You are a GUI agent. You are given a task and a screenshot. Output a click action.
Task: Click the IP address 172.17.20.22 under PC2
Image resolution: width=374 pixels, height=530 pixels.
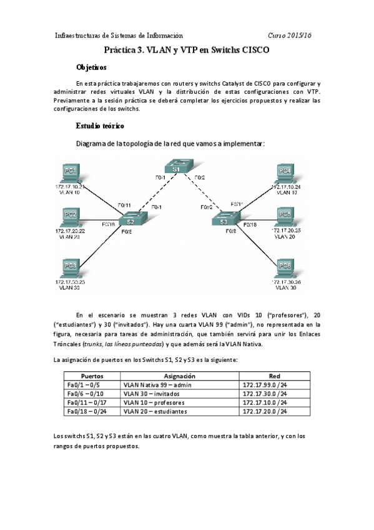70,231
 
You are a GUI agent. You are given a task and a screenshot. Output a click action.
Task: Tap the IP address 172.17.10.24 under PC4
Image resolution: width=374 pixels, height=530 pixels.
287,187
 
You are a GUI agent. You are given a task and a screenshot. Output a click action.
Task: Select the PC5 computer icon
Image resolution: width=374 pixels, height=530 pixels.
285,216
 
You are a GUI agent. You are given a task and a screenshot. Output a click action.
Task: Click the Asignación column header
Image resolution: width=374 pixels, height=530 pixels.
180,376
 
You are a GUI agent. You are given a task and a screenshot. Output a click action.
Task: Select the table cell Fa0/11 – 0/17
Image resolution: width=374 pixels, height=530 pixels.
86,403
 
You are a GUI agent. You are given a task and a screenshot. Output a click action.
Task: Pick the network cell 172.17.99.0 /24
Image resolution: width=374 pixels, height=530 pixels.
263,386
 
